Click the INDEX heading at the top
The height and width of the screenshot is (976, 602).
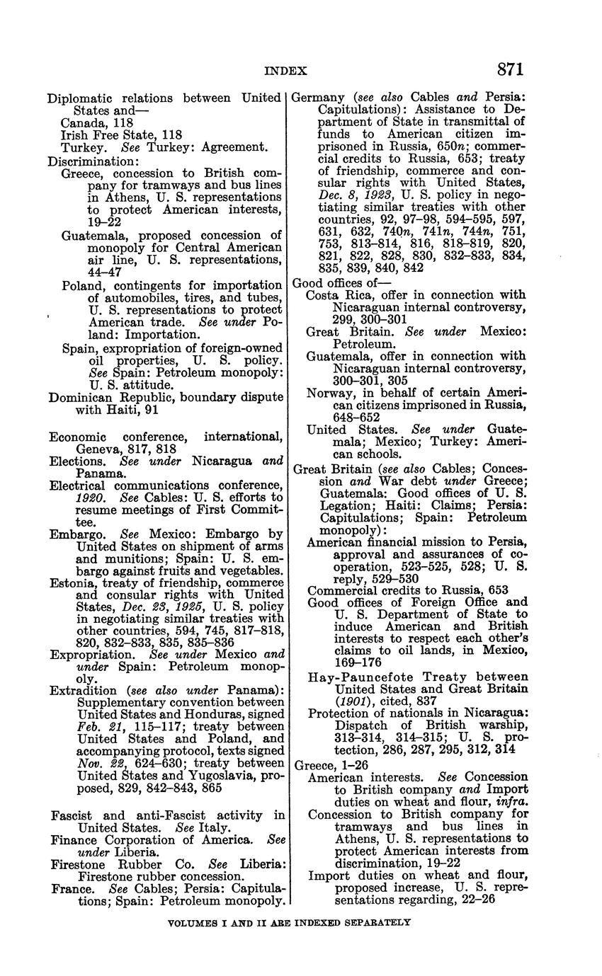click(285, 71)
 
